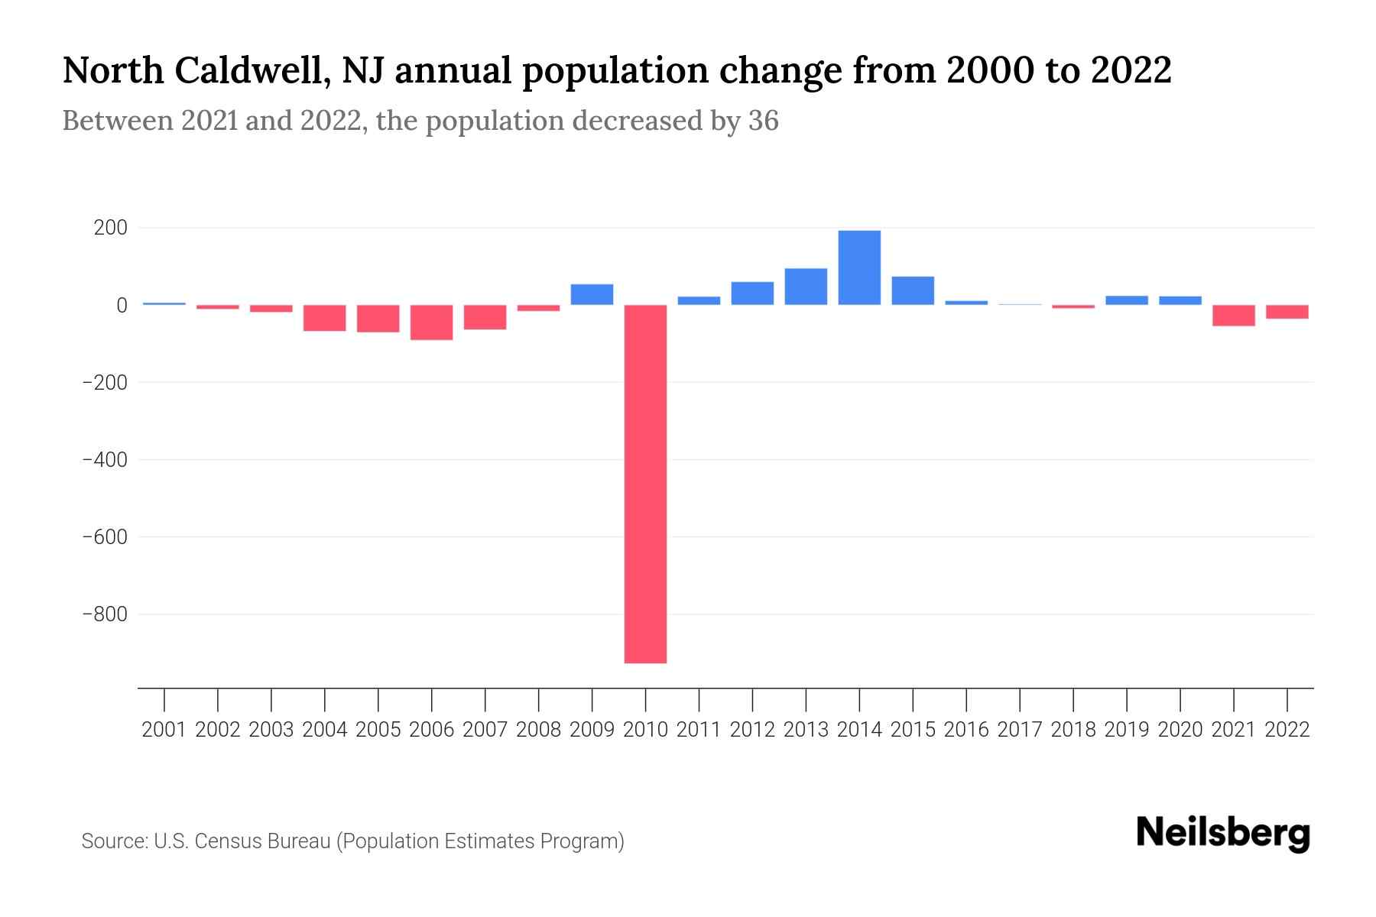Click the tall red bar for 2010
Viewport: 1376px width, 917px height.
pyautogui.click(x=645, y=484)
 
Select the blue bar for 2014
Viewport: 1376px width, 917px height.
pyautogui.click(x=859, y=267)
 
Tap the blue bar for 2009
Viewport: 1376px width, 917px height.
pyautogui.click(x=592, y=294)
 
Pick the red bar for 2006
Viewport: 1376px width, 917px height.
pyautogui.click(x=431, y=322)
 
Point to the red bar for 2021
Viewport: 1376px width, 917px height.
pyautogui.click(x=1233, y=316)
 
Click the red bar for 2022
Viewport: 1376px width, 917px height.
pyautogui.click(x=1287, y=312)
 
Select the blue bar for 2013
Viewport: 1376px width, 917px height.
pyautogui.click(x=806, y=287)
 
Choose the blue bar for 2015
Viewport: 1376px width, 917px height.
pyautogui.click(x=913, y=290)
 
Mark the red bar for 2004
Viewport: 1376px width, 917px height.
pyautogui.click(x=324, y=318)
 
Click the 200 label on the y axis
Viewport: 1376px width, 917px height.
pyautogui.click(x=111, y=228)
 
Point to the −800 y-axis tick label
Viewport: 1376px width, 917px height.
pyautogui.click(x=105, y=614)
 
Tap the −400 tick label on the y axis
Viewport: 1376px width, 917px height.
pyautogui.click(x=105, y=460)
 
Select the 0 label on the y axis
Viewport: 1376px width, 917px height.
pyautogui.click(x=122, y=306)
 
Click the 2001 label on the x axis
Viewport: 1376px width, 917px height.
pyautogui.click(x=164, y=730)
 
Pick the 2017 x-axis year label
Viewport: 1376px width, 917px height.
pyautogui.click(x=1020, y=730)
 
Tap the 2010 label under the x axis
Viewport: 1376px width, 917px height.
pyautogui.click(x=645, y=730)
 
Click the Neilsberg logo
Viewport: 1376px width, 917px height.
pyautogui.click(x=1223, y=833)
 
